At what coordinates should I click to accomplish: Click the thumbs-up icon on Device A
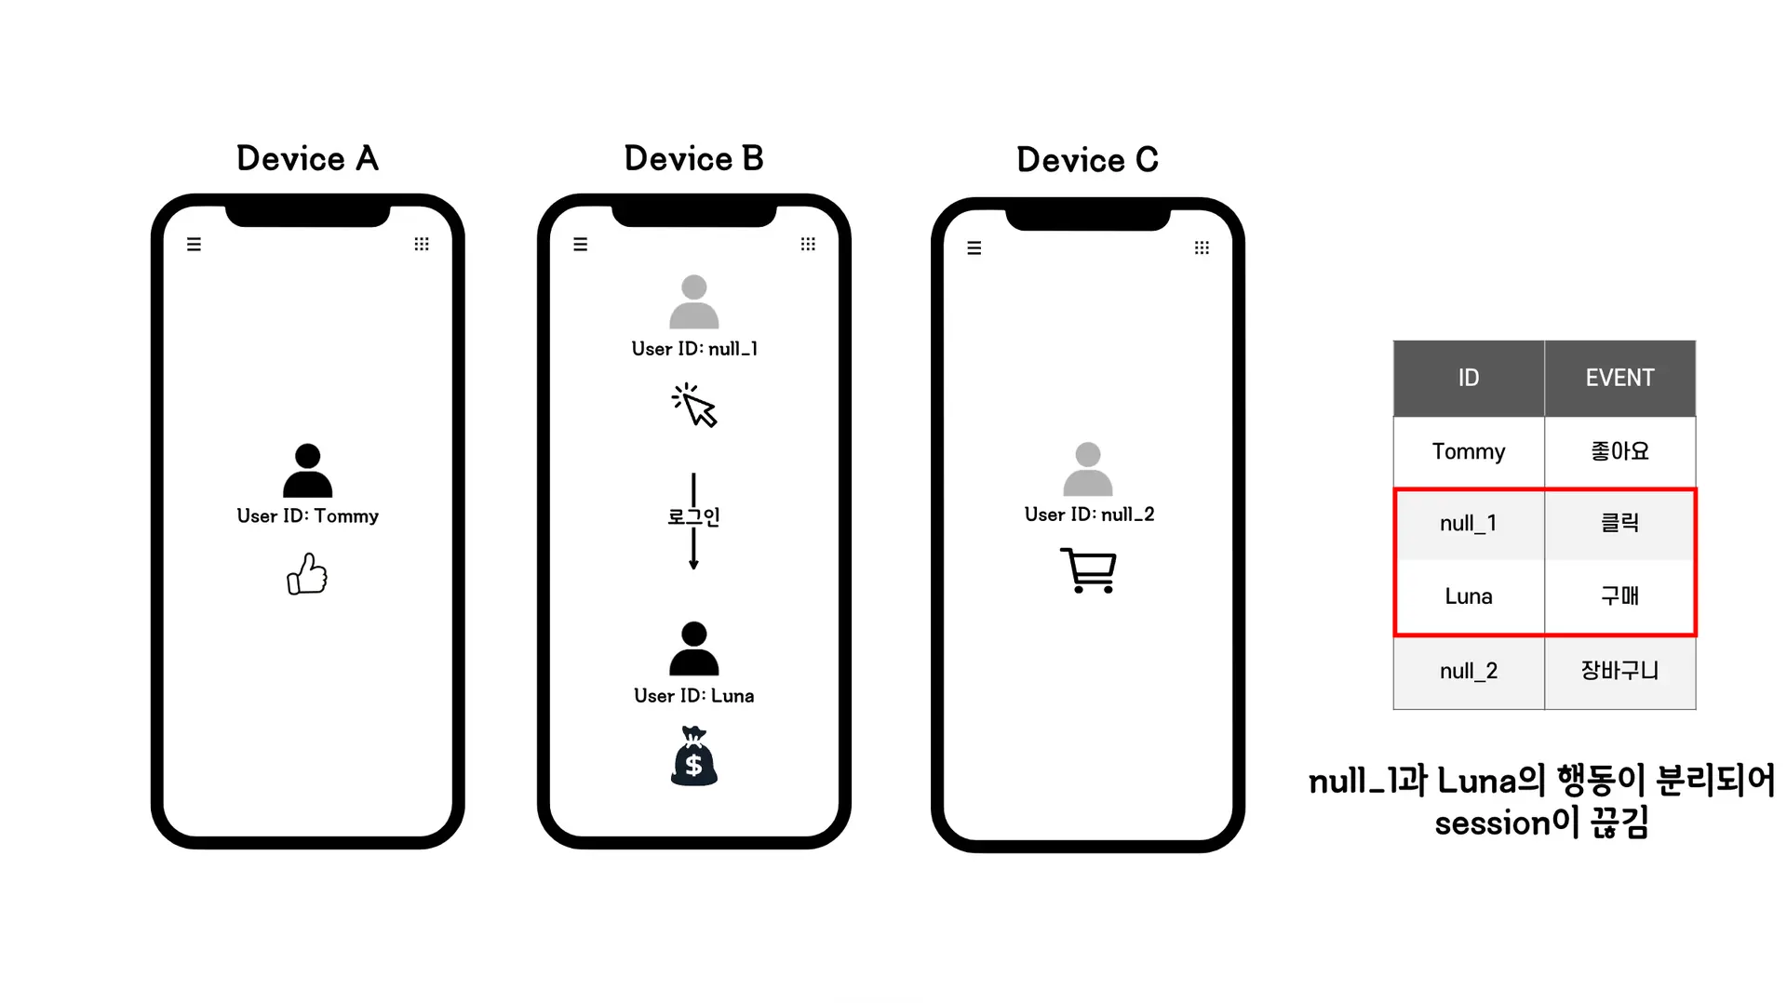pyautogui.click(x=307, y=574)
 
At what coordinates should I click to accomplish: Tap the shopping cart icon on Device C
pyautogui.click(x=1088, y=569)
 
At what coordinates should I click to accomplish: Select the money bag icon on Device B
pyautogui.click(x=694, y=757)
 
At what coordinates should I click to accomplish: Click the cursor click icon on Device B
pyautogui.click(x=694, y=406)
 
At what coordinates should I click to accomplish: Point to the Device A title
pyautogui.click(x=307, y=159)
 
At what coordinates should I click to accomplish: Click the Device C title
pyautogui.click(x=1087, y=161)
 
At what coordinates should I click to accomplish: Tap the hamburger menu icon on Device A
pyautogui.click(x=194, y=245)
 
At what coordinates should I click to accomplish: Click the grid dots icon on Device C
pyautogui.click(x=1202, y=247)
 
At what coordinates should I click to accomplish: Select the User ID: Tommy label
pyautogui.click(x=307, y=516)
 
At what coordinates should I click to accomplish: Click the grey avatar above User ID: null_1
pyautogui.click(x=694, y=301)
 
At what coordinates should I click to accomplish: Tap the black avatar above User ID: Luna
pyautogui.click(x=694, y=649)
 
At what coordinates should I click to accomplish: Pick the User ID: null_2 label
pyautogui.click(x=1089, y=515)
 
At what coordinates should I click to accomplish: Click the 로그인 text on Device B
pyautogui.click(x=694, y=516)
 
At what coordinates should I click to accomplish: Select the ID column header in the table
pyautogui.click(x=1468, y=378)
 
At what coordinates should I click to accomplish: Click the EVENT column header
pyautogui.click(x=1619, y=378)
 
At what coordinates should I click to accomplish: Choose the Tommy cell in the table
pyautogui.click(x=1468, y=451)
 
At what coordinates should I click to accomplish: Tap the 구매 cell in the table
pyautogui.click(x=1619, y=596)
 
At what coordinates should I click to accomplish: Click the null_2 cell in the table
pyautogui.click(x=1468, y=671)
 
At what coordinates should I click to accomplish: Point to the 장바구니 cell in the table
pyautogui.click(x=1619, y=671)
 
